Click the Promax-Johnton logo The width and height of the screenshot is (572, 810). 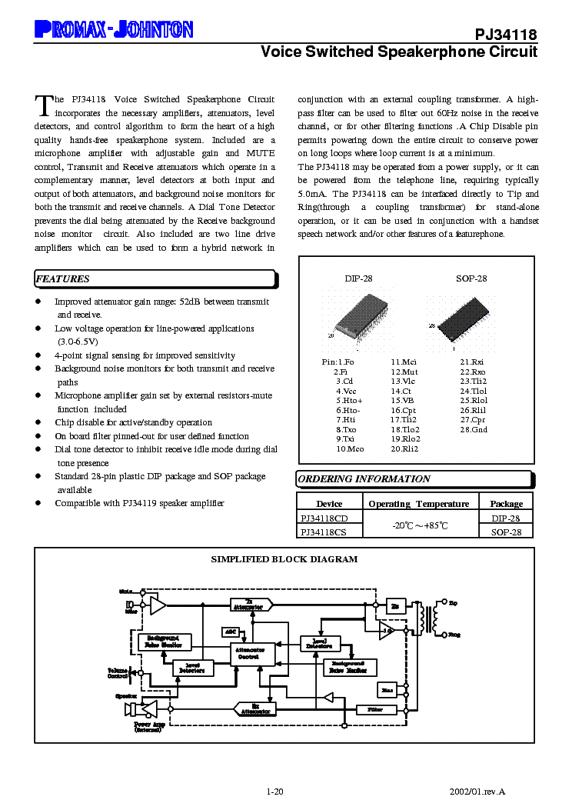coord(114,29)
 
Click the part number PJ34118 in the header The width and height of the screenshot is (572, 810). coord(505,35)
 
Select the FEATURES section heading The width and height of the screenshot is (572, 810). coord(63,278)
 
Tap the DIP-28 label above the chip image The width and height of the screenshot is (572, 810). coord(357,278)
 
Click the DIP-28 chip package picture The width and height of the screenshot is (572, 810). coord(358,315)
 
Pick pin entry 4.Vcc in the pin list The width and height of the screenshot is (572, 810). coord(346,391)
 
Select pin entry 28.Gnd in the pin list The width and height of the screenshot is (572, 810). coord(474,429)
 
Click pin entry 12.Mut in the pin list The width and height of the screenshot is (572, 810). coord(404,372)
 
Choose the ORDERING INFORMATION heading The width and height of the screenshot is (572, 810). coord(364,478)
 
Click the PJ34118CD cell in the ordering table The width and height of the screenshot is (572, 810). coord(324,518)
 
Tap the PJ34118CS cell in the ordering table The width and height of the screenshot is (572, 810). coord(324,532)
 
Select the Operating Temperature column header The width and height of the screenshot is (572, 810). coord(418,504)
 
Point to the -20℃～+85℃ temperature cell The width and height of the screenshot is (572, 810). coord(418,525)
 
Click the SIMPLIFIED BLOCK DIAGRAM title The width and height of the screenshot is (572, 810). coord(284,559)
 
